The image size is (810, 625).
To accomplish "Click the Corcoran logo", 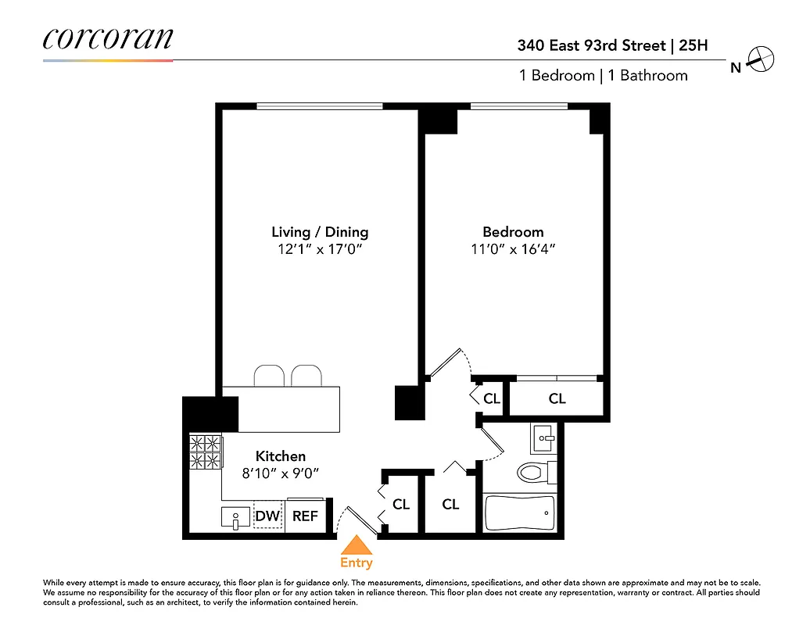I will (107, 39).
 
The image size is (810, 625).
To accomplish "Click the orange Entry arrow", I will (357, 545).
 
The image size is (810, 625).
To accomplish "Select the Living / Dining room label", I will (320, 232).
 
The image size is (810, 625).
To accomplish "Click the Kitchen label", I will (281, 456).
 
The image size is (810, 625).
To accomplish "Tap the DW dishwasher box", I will (267, 516).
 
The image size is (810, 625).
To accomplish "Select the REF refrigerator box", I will (305, 516).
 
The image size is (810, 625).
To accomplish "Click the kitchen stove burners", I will (206, 452).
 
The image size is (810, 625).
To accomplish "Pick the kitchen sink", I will (235, 517).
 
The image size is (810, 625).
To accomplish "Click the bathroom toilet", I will (536, 473).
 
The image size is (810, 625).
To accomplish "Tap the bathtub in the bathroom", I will (519, 512).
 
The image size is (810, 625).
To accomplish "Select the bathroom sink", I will (543, 438).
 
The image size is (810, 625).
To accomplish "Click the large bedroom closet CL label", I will (557, 398).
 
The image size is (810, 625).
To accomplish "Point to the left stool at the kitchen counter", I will (267, 375).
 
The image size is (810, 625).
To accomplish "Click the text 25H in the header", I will (694, 45).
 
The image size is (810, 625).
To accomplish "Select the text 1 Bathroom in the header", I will (648, 76).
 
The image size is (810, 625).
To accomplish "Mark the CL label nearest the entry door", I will (401, 505).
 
